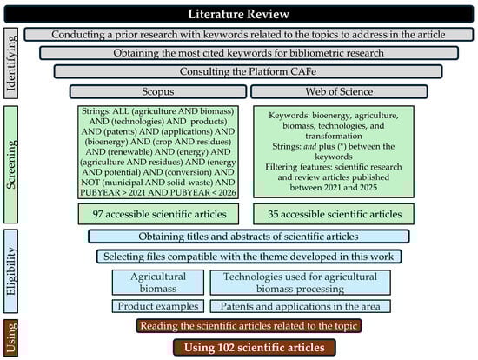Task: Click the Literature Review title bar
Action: pyautogui.click(x=239, y=13)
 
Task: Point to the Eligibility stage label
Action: pyautogui.click(x=11, y=270)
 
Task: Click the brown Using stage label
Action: pyautogui.click(x=11, y=337)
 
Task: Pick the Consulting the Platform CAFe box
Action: pyautogui.click(x=242, y=70)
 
